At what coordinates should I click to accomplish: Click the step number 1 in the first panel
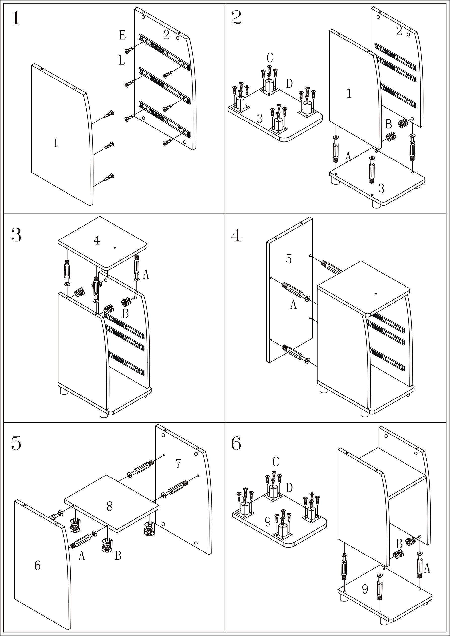click(x=16, y=19)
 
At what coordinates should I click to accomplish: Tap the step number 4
click(x=236, y=236)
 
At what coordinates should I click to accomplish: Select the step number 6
click(x=236, y=443)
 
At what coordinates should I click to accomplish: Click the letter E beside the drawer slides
click(x=122, y=36)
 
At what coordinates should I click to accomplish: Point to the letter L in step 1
click(x=121, y=60)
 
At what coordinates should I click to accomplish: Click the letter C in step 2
click(x=270, y=58)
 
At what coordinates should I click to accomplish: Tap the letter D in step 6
click(x=289, y=487)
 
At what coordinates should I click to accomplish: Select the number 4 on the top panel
click(x=96, y=240)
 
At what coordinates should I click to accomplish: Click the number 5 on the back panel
click(x=289, y=259)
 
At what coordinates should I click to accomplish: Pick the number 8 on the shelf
click(x=110, y=506)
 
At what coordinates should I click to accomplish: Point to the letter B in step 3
click(x=125, y=314)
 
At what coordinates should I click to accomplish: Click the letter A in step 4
click(x=293, y=305)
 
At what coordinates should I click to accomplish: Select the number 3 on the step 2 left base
click(x=260, y=119)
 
